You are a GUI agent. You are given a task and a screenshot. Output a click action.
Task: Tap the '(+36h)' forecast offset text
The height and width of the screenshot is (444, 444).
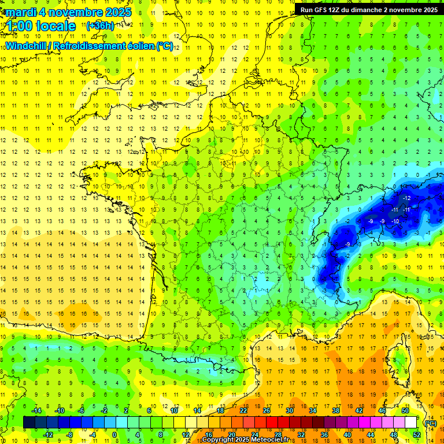(100, 26)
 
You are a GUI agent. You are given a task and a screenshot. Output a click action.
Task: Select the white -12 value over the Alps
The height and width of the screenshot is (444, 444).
(407, 198)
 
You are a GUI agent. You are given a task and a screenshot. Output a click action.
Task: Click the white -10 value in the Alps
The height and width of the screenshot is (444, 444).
(395, 221)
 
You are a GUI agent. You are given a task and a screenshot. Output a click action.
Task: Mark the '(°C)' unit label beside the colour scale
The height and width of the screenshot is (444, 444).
(431, 423)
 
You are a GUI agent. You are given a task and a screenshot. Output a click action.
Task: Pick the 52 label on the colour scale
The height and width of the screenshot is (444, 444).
(416, 435)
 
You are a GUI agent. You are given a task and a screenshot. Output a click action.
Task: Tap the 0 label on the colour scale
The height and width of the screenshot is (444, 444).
(114, 435)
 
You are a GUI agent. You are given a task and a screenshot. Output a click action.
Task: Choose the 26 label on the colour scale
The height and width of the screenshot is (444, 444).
(266, 410)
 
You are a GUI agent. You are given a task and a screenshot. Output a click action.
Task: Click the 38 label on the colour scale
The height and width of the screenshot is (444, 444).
(335, 410)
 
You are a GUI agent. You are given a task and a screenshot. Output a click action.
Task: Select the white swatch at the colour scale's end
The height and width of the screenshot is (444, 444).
(411, 423)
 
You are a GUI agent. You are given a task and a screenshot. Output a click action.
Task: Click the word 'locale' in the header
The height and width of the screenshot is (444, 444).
(56, 26)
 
